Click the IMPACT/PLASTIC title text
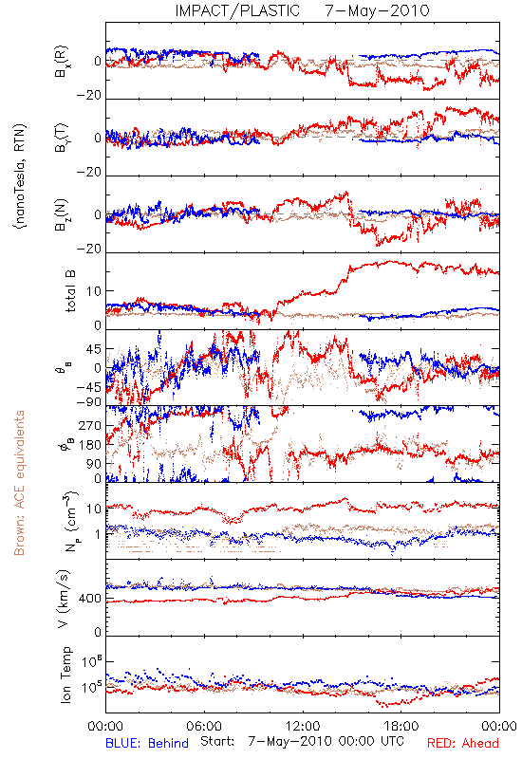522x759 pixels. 237,10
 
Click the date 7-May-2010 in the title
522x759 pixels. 377,10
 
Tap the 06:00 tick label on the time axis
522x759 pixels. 204,726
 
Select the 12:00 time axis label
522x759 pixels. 303,726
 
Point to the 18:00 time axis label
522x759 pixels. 401,726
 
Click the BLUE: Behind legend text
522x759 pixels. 147,743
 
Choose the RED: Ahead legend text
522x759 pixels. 462,743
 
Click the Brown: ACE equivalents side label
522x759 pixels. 19,483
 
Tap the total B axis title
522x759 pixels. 70,291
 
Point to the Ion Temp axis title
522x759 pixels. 65,675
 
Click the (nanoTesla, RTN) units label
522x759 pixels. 20,176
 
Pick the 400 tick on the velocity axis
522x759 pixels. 90,599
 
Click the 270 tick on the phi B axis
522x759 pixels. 90,425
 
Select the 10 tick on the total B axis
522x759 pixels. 94,291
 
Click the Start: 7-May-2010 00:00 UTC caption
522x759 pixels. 302,741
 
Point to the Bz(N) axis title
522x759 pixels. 62,214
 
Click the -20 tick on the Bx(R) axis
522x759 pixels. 88,96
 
